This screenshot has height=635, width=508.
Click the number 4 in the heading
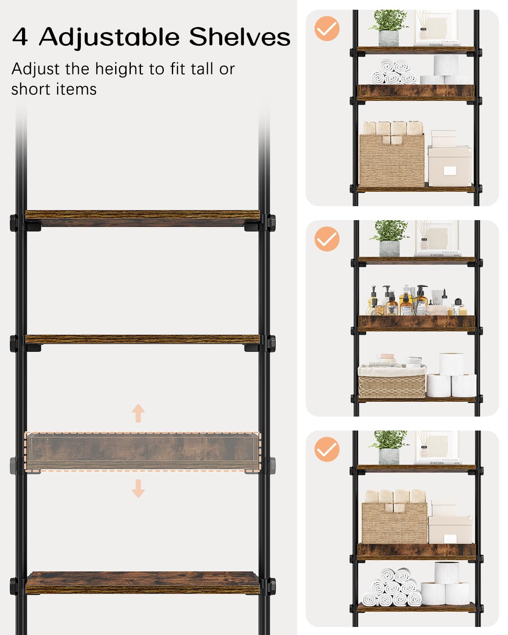(x=20, y=37)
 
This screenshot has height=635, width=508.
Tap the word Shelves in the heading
(x=240, y=37)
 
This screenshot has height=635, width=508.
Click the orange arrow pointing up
(x=138, y=413)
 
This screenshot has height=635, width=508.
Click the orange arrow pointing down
(x=138, y=488)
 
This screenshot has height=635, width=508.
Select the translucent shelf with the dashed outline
(x=143, y=451)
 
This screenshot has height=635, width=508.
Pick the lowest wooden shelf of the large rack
(x=143, y=583)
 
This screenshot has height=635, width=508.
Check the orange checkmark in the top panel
(x=327, y=29)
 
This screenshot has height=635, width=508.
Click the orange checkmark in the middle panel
(x=327, y=239)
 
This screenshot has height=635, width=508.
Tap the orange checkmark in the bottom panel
(x=327, y=449)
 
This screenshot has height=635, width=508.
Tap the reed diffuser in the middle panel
(x=424, y=237)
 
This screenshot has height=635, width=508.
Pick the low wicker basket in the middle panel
(x=392, y=381)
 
